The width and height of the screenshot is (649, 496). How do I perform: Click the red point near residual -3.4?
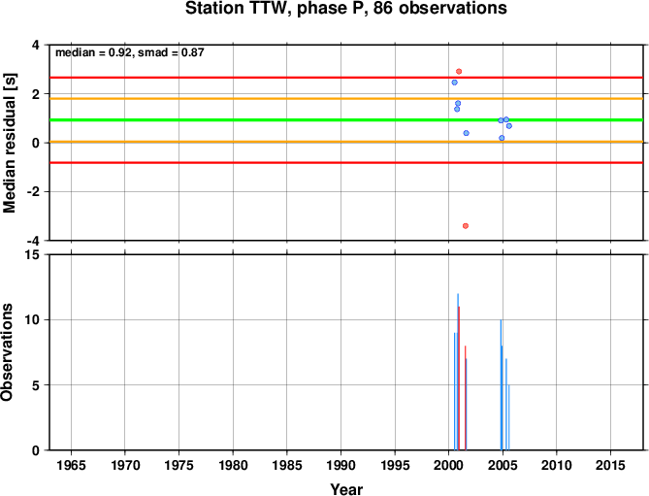point(466,225)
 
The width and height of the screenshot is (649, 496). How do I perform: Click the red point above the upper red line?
point(459,72)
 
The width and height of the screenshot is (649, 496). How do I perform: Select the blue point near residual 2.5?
point(454,83)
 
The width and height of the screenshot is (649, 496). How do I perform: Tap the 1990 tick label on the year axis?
point(341,465)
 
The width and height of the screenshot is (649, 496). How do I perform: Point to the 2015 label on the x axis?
point(610,465)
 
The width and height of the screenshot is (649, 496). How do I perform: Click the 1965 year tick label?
point(71,465)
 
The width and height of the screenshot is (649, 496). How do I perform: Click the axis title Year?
point(346,489)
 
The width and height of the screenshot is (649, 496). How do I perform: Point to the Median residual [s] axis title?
point(9,143)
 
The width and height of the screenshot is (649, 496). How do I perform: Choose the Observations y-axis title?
point(7,352)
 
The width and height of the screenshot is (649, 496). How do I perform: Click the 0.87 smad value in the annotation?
point(192,52)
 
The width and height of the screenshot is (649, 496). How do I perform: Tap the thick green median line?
point(346,120)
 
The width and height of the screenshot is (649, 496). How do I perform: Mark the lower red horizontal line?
point(346,163)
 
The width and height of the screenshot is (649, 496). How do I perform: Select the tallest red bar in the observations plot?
point(459,379)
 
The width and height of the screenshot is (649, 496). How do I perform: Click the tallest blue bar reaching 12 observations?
point(457,372)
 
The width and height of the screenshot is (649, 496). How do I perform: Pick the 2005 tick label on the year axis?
point(503,465)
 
